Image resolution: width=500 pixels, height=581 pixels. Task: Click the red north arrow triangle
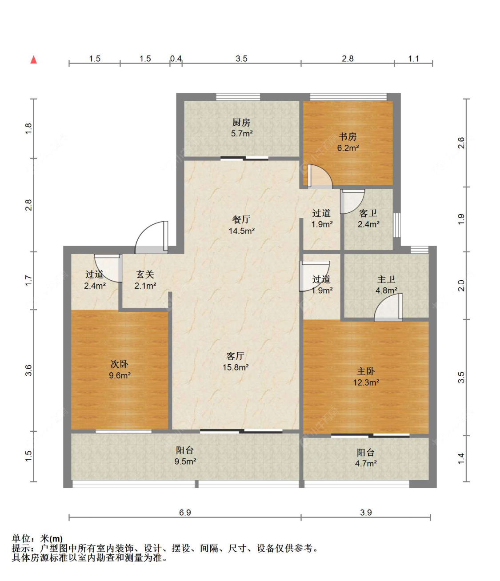(x=34, y=60)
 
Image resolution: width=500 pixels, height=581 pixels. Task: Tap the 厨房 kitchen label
(x=241, y=123)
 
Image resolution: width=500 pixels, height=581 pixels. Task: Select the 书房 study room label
(x=348, y=137)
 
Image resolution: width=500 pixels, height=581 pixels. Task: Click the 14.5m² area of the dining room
(x=242, y=231)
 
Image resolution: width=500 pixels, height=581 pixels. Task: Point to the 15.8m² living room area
(x=236, y=367)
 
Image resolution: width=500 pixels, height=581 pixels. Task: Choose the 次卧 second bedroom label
(x=120, y=364)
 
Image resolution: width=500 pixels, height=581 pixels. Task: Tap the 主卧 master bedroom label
(x=366, y=371)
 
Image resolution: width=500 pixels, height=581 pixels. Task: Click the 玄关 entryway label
(x=145, y=275)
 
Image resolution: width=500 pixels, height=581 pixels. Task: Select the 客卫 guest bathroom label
(x=368, y=213)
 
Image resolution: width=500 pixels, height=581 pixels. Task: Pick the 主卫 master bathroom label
(x=386, y=279)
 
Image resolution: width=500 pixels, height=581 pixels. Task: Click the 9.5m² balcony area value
(x=185, y=461)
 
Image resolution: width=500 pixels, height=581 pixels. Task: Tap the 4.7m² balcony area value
(x=366, y=463)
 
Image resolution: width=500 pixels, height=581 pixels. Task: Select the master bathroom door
(x=388, y=307)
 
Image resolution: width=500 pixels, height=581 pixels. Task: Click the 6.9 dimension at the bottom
(x=185, y=513)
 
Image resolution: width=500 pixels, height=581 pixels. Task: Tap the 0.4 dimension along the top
(x=176, y=59)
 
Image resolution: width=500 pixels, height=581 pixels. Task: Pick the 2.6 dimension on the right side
(x=461, y=143)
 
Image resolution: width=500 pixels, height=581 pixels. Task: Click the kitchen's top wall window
(x=238, y=97)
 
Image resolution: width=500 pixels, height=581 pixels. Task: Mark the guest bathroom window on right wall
(x=397, y=225)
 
